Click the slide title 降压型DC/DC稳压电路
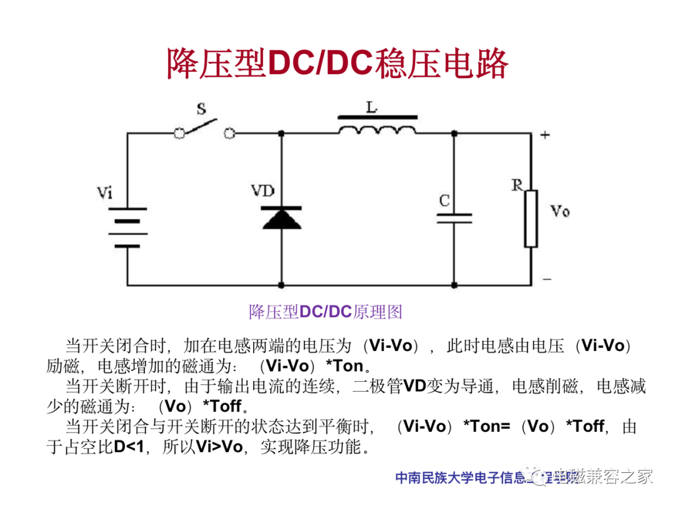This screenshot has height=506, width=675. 337,64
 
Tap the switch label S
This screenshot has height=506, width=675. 201,109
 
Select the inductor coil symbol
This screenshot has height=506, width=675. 377,129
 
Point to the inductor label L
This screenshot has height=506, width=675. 372,107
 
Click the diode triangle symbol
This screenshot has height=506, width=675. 279,218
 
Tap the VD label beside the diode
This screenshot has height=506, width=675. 263,191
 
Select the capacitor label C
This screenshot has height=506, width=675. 444,201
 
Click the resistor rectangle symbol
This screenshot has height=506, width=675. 531,219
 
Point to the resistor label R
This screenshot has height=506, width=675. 517,185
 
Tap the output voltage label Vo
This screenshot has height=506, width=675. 560,211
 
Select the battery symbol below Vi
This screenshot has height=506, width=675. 127,227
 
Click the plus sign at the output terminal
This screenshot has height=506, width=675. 545,135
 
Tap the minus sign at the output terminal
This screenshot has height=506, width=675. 546,279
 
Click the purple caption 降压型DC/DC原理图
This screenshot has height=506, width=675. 325,312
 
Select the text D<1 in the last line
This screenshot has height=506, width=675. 127,447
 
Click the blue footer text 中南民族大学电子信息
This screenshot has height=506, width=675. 462,479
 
